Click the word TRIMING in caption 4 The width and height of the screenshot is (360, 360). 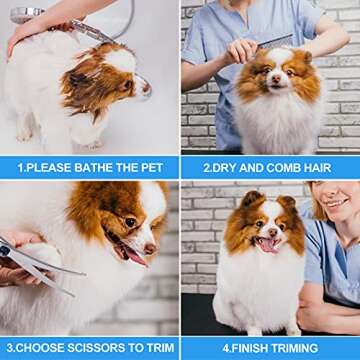click(x=294, y=348)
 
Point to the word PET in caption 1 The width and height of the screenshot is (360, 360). click(x=152, y=168)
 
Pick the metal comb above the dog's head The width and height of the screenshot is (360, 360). click(x=275, y=42)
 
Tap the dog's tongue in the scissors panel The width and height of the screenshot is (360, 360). click(x=136, y=256)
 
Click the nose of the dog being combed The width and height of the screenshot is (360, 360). click(x=277, y=79)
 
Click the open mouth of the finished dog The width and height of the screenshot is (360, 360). click(x=267, y=244)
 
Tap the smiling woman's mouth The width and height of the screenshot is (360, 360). click(x=337, y=203)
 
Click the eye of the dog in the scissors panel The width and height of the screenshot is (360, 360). click(x=130, y=222)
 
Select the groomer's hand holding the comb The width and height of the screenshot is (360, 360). click(x=241, y=52)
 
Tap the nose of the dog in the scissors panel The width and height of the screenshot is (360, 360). click(x=150, y=248)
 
